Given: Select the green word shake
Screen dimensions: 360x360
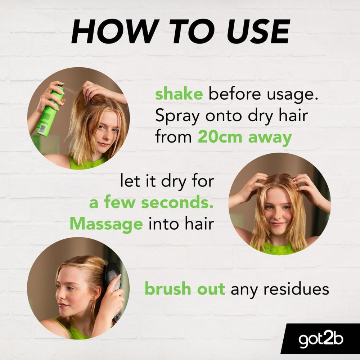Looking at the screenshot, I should pyautogui.click(x=179, y=95).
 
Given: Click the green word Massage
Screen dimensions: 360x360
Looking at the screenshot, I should pyautogui.click(x=106, y=224).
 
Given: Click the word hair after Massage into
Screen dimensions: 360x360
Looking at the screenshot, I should pyautogui.click(x=200, y=224).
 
